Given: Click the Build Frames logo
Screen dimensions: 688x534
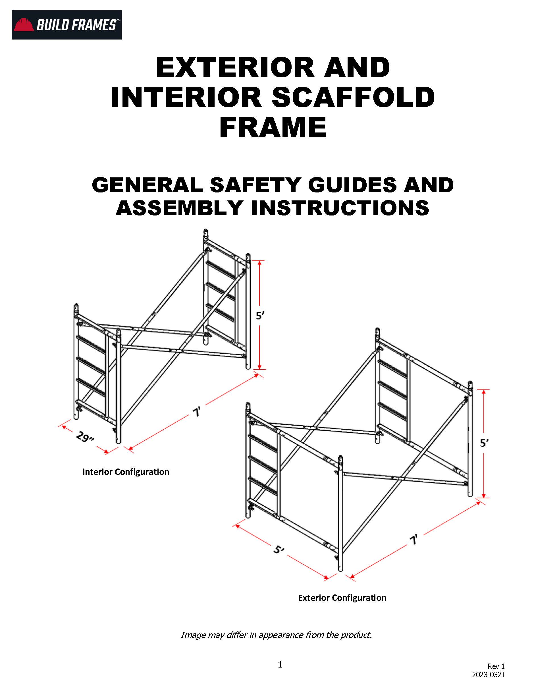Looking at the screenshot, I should click(67, 24).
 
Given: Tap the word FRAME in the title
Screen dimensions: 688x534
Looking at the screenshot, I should click(273, 127).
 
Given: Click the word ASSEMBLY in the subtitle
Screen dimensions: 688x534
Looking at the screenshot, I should click(179, 208).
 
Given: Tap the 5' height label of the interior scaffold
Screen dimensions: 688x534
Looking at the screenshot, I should click(260, 315).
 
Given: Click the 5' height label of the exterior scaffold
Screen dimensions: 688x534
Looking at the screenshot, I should click(484, 443).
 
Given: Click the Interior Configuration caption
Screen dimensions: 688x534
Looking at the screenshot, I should click(126, 472).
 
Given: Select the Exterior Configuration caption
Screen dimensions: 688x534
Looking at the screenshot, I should click(342, 598).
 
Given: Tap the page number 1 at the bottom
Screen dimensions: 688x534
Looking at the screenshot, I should click(280, 664).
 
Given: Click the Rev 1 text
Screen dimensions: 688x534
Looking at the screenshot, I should click(496, 666).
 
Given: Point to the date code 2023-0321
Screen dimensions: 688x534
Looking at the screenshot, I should click(488, 674).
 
